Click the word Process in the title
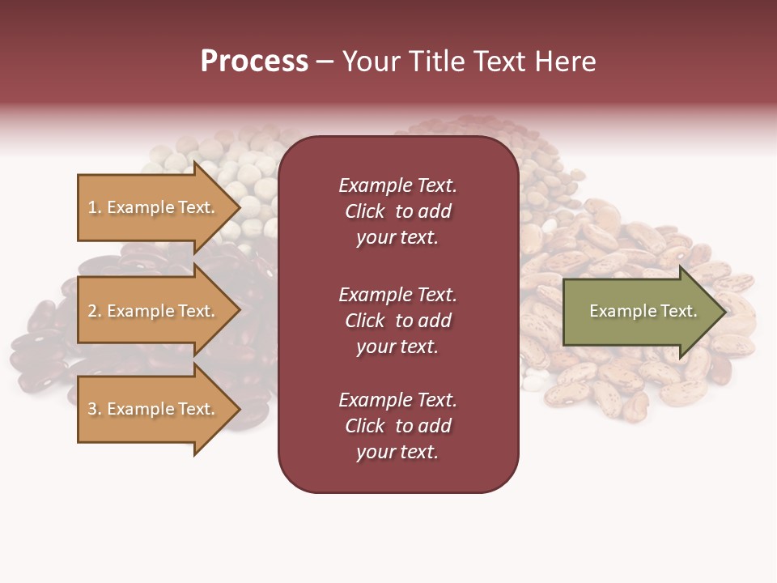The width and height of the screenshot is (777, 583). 254,62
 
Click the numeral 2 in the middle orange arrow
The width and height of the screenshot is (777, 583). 92,311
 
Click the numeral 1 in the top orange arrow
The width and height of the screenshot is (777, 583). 92,207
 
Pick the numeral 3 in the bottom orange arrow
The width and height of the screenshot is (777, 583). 92,409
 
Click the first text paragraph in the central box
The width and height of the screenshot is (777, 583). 397,211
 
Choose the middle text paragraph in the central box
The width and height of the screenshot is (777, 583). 397,321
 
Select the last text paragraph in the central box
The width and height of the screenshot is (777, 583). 397,426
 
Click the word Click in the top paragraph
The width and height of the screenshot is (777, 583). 365,211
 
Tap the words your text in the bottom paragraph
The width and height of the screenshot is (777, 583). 397,453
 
